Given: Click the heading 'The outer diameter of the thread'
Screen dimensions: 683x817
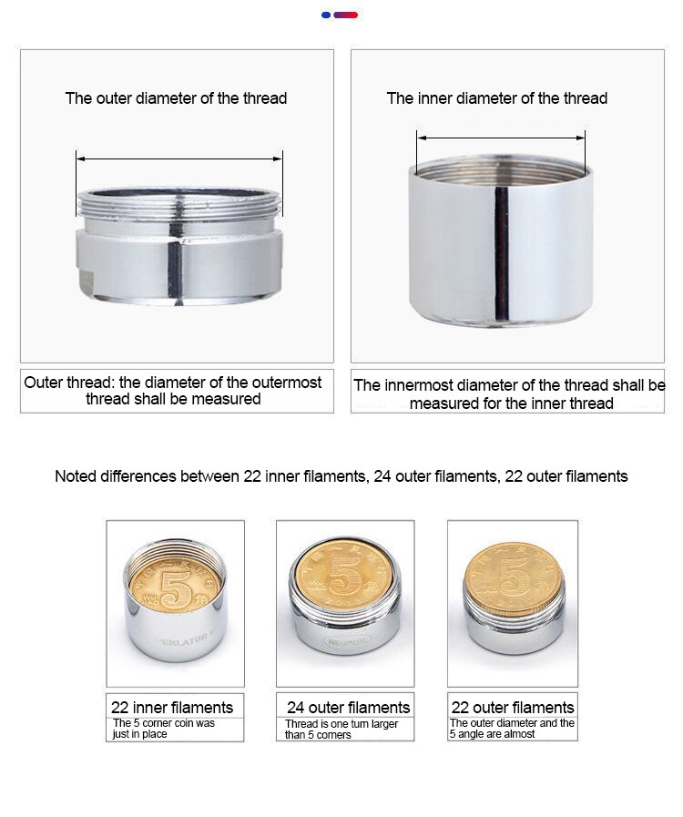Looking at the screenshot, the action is pos(176,98).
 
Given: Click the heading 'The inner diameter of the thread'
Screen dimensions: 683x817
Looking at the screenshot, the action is pos(497,98).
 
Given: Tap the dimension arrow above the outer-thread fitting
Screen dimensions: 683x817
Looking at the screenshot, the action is pos(179,158).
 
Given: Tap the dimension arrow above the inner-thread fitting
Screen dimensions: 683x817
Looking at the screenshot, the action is pos(501,138).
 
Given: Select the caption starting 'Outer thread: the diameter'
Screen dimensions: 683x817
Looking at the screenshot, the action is pos(173,390).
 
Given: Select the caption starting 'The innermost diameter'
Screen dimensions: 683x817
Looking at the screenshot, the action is pos(509,393).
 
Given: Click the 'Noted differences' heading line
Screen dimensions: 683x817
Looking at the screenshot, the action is pos(341,476).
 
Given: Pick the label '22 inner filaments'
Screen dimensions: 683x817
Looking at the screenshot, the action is pos(172,707).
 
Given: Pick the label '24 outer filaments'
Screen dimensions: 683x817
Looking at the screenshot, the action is pos(348,707).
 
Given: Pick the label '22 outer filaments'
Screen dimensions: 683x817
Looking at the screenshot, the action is pos(513,707).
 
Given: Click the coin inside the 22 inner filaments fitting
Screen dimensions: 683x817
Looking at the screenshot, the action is pos(175,591).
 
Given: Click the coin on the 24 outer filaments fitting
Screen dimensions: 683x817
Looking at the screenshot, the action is pos(342,575).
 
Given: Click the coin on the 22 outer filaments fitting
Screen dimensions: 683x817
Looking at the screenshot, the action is pos(514,577).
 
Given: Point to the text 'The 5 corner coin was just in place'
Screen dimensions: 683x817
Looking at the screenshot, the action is pos(164,729).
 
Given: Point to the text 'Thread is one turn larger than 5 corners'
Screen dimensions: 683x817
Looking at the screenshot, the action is pos(341,729).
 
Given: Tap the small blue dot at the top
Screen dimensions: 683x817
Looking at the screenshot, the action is pos(326,15).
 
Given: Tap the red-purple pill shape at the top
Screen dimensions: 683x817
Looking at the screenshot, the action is pos(345,15).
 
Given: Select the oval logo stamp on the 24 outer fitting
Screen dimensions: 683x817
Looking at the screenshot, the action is pos(348,641).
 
